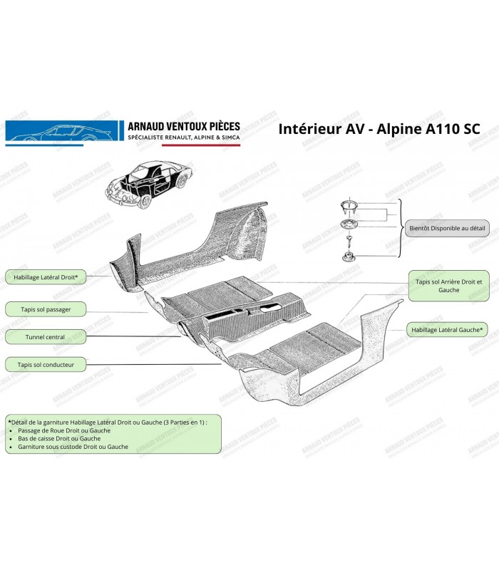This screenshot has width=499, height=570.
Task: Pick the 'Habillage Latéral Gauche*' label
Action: [x=448, y=329]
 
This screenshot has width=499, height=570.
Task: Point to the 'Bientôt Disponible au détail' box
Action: [x=448, y=230]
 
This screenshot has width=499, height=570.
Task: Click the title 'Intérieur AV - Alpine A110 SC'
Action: [x=377, y=129]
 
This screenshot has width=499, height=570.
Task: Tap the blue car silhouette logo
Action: [x=62, y=131]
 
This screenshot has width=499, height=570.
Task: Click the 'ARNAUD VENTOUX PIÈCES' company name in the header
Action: [x=183, y=125]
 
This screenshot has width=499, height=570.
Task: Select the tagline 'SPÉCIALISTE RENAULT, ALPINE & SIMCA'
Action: [x=183, y=138]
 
